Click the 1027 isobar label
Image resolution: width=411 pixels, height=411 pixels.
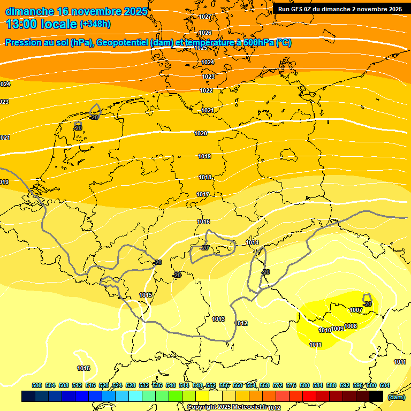[205, 17]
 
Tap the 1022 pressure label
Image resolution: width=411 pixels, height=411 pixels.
[206, 90]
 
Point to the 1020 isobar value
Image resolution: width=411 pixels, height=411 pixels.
[201, 133]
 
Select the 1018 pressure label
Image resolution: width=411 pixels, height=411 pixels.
[205, 177]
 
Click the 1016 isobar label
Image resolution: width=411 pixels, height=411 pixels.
[203, 222]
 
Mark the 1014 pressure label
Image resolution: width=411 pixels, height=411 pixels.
[253, 243]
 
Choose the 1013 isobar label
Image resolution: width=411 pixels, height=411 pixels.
[218, 319]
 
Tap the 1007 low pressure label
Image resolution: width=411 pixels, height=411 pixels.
[356, 310]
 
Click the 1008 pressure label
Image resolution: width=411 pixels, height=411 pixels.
[351, 326]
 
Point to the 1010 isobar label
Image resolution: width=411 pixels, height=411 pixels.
[325, 330]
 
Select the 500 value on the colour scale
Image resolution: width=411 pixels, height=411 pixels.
[37, 385]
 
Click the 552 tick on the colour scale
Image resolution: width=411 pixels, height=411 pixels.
[211, 385]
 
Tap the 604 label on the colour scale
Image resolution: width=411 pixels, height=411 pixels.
[384, 385]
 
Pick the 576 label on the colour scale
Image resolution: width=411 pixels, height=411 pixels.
[291, 385]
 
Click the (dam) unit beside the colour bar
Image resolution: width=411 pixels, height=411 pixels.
[397, 397]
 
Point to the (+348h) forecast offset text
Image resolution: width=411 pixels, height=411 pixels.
[96, 24]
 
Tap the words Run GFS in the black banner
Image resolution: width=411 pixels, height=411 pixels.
[291, 9]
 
